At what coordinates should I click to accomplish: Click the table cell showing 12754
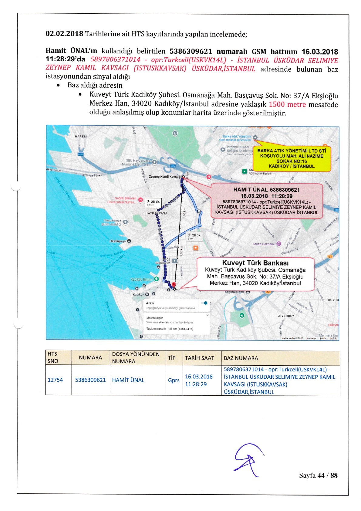pos(55,380)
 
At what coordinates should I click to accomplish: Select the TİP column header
pos(172,358)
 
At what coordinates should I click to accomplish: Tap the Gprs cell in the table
pos(174,380)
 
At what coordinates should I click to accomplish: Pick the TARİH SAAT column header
pos(199,358)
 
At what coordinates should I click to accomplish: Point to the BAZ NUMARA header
pos(241,358)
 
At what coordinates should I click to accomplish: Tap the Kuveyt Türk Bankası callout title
pos(255,263)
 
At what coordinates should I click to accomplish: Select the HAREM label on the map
pos(81,137)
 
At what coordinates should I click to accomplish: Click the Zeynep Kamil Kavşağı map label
pos(164,177)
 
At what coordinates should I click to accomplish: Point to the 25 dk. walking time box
pos(154,202)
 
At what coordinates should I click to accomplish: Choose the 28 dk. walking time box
pos(194,236)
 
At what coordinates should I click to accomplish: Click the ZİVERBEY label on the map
pos(286,316)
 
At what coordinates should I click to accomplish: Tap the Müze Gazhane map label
pos(264,244)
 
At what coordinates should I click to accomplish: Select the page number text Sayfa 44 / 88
pos(318,475)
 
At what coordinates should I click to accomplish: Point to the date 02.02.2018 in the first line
pos(64,34)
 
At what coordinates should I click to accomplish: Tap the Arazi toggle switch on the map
pos(205,303)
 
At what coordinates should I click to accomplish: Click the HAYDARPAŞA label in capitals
pos(156,213)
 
